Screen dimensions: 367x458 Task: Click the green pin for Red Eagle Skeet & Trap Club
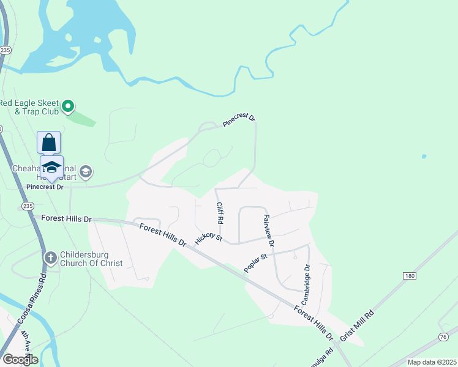tap(69, 107)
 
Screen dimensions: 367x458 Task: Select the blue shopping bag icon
tap(49, 143)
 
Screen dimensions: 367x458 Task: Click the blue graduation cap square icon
tap(52, 167)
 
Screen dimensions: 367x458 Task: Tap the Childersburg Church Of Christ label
tap(91, 259)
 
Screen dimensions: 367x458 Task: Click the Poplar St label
tap(257, 264)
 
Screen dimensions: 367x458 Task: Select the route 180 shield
tap(410, 276)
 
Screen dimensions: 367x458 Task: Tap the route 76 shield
tap(443, 337)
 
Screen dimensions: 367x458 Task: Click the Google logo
tap(20, 360)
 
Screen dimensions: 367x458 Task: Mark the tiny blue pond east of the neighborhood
tap(424, 157)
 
